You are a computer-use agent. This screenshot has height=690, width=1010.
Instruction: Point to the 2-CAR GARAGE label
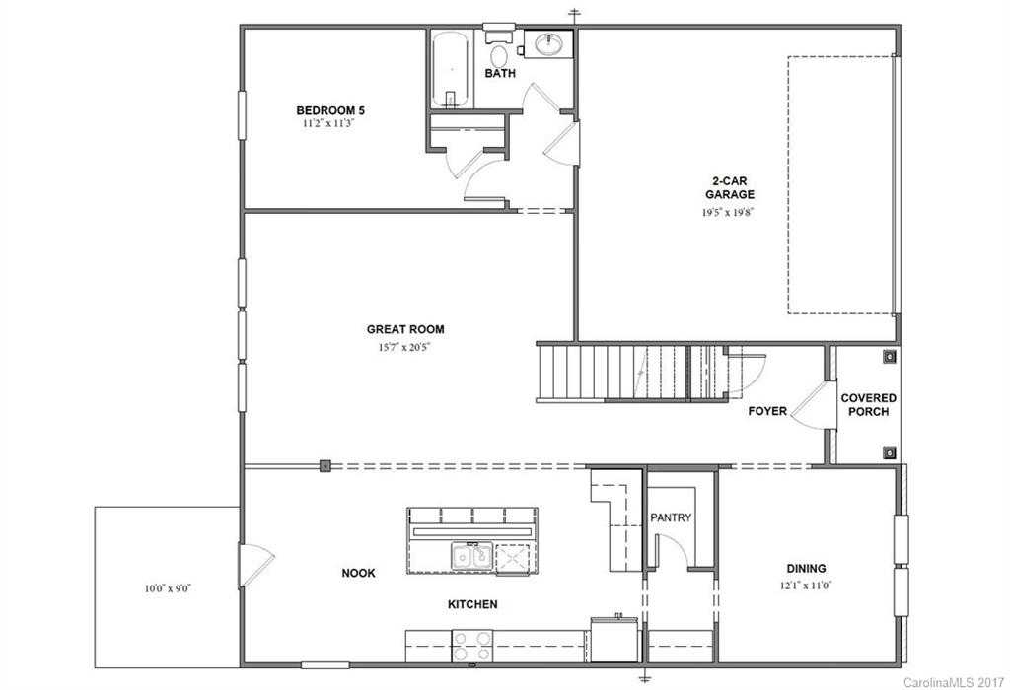tap(734, 187)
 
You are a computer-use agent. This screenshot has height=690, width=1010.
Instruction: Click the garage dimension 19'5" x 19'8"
tap(734, 212)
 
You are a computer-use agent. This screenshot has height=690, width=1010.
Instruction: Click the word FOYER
tap(767, 411)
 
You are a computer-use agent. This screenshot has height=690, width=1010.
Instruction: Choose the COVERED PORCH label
tap(868, 404)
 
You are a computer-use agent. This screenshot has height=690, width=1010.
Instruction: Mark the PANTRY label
tap(671, 517)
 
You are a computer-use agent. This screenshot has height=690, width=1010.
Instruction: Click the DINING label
tap(806, 568)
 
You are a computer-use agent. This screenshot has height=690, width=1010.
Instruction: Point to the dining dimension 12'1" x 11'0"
tap(806, 585)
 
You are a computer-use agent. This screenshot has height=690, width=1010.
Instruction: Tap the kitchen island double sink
tap(472, 557)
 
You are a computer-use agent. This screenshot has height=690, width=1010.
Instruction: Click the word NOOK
tap(358, 573)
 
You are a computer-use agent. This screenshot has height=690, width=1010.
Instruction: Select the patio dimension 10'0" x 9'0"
tap(168, 588)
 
